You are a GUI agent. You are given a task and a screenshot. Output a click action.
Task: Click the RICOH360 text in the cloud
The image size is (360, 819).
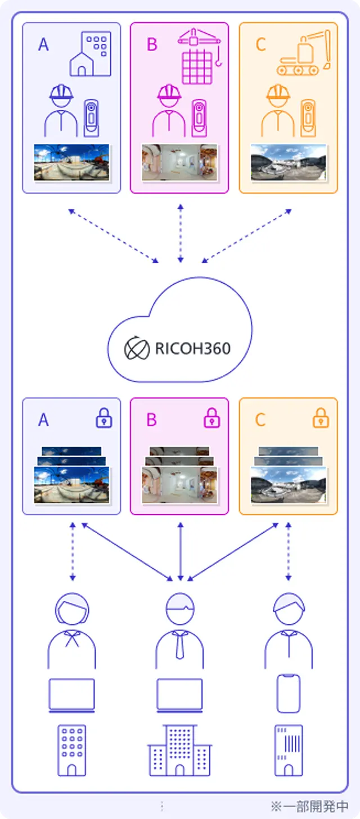pyautogui.click(x=192, y=349)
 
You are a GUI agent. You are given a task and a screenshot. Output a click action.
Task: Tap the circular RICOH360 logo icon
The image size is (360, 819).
pyautogui.click(x=137, y=349)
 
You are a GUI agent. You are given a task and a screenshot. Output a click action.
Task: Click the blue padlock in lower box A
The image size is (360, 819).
pyautogui.click(x=104, y=418)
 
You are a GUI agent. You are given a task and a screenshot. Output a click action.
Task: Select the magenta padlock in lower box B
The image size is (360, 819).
pyautogui.click(x=212, y=418)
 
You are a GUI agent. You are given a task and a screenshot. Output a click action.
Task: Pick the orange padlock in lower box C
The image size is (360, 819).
pyautogui.click(x=321, y=418)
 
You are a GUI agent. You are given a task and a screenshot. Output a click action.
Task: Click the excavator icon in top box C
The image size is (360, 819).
pyautogui.click(x=303, y=53)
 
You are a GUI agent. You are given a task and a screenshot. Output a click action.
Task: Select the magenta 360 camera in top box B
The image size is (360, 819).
pyautogui.click(x=199, y=118)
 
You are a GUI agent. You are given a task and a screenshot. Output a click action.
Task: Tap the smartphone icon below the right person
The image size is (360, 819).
pyautogui.click(x=289, y=694)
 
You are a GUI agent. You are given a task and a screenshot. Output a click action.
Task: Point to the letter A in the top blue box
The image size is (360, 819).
pyautogui.click(x=43, y=44)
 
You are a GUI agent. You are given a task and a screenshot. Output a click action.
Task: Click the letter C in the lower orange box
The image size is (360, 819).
pyautogui.click(x=260, y=420)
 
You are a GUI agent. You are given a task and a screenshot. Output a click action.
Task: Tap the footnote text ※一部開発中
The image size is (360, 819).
pyautogui.click(x=309, y=806)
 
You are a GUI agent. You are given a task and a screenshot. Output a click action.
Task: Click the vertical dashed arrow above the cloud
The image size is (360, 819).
pyautogui.click(x=180, y=233)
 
